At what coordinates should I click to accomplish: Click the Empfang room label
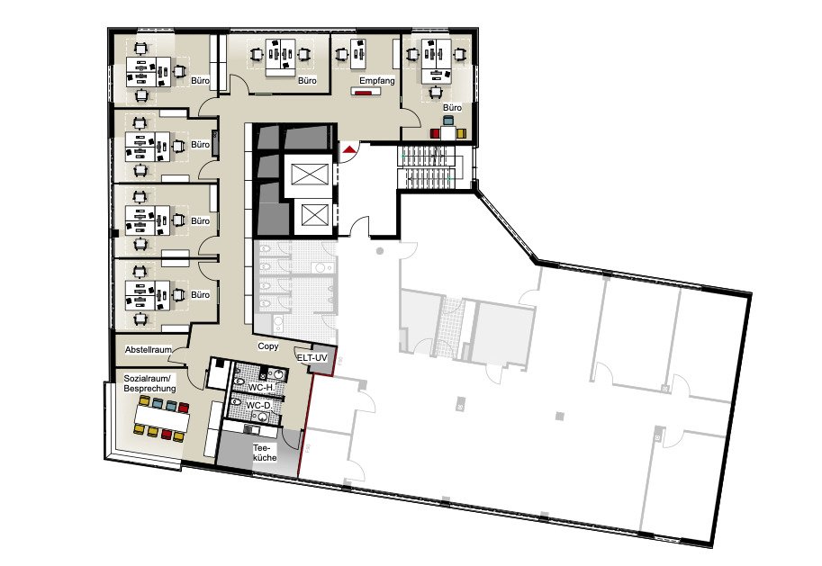click(x=376, y=81)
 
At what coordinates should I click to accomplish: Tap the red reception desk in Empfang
click(x=365, y=93)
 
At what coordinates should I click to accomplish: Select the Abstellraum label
click(x=149, y=349)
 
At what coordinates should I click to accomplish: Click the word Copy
click(x=268, y=346)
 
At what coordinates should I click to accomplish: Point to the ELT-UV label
click(x=312, y=358)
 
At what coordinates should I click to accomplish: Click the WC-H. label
click(x=260, y=388)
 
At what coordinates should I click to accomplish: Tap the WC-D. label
click(x=260, y=406)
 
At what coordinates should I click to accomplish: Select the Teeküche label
click(x=265, y=453)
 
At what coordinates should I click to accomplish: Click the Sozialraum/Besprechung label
click(x=149, y=383)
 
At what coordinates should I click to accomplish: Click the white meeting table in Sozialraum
click(x=161, y=417)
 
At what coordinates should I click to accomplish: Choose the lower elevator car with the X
click(x=314, y=215)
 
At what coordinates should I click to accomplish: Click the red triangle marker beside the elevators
click(x=348, y=150)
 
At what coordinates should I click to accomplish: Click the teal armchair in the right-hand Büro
click(x=447, y=121)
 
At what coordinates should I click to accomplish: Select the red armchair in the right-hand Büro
click(x=435, y=134)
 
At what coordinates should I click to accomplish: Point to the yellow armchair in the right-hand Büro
click(x=460, y=134)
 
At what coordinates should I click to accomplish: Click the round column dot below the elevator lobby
click(x=380, y=251)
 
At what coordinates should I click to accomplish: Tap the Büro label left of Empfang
click(x=307, y=81)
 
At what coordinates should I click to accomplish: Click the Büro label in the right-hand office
click(x=452, y=107)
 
